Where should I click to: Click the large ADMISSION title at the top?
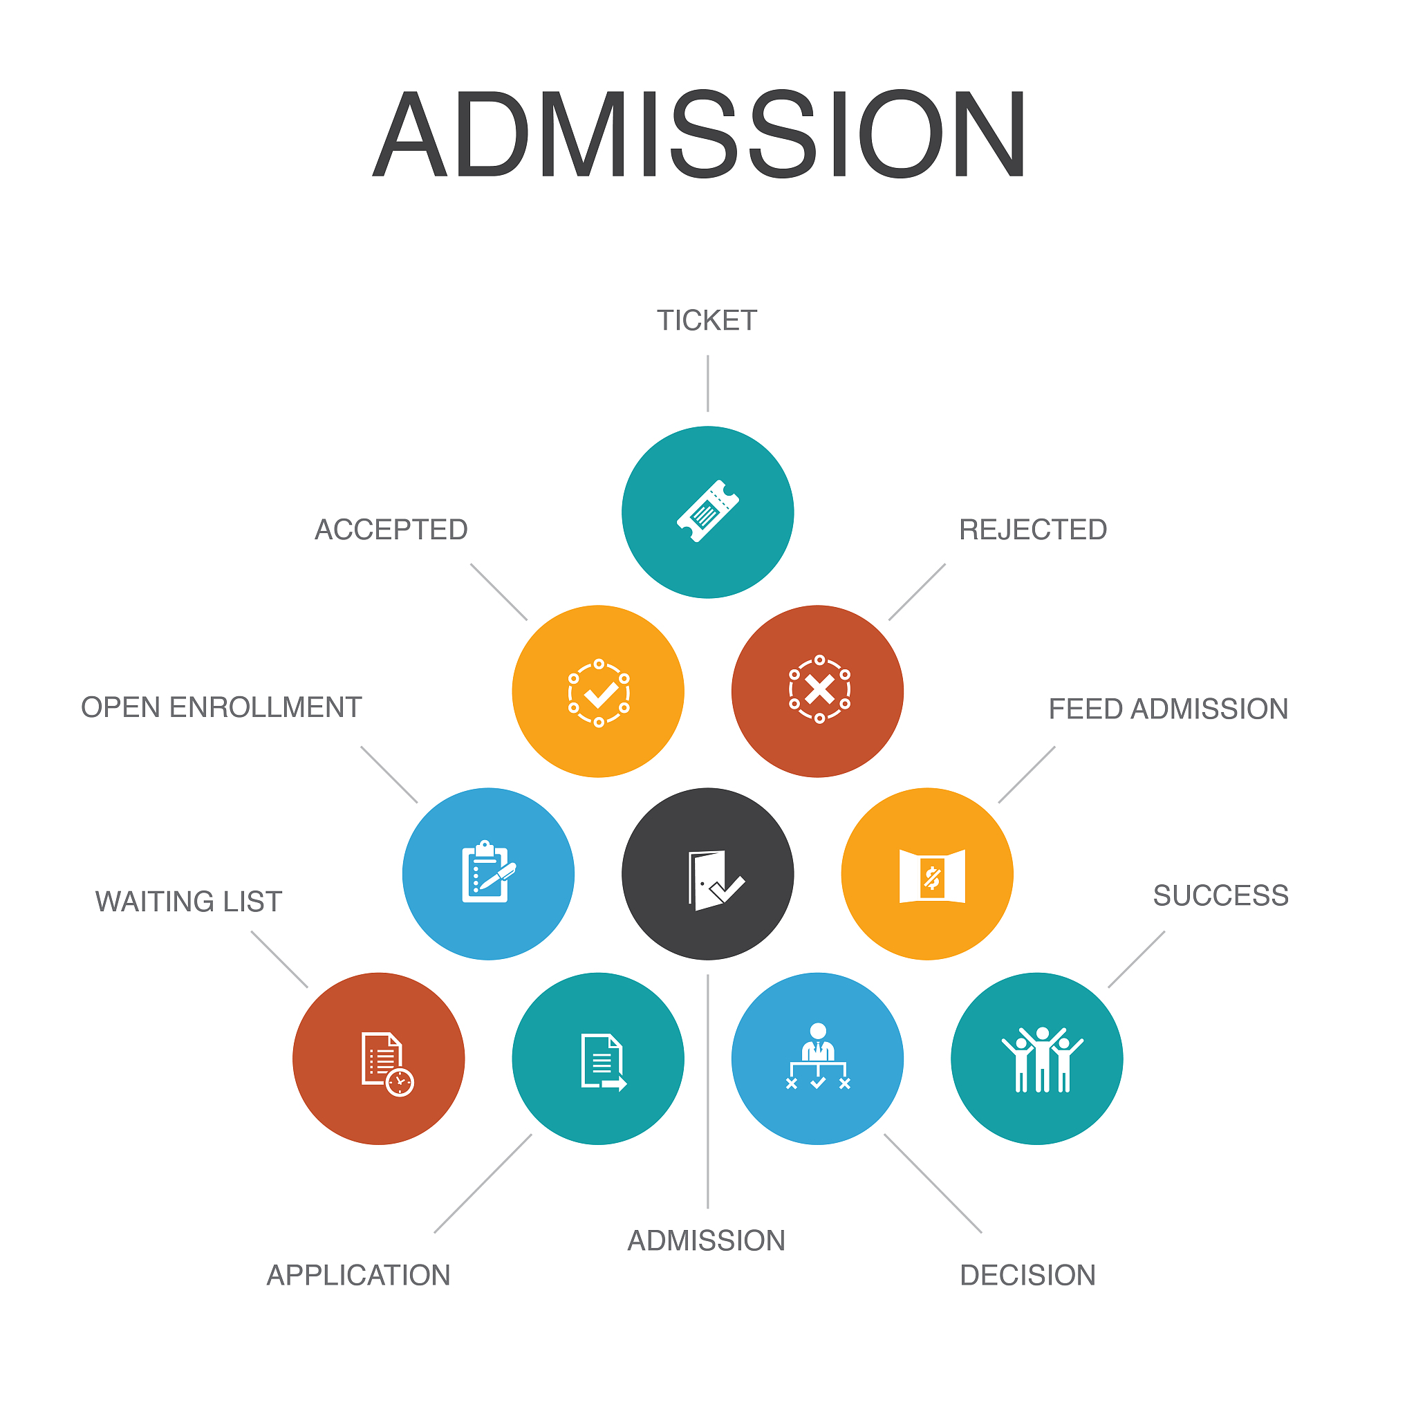click(699, 134)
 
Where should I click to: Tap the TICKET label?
click(707, 320)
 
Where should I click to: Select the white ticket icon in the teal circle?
click(707, 512)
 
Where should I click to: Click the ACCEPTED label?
click(391, 529)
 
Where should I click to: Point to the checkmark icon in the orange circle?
click(599, 693)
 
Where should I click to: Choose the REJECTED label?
click(1033, 529)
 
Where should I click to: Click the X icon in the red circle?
click(819, 689)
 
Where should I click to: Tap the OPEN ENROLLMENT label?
click(221, 707)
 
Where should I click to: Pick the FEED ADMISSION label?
click(1168, 709)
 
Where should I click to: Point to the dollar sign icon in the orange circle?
click(932, 877)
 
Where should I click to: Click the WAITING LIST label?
click(188, 902)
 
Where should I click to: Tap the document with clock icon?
click(388, 1064)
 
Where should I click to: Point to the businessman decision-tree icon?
click(818, 1056)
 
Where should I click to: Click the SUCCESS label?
click(1220, 895)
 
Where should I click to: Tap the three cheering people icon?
click(1042, 1060)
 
